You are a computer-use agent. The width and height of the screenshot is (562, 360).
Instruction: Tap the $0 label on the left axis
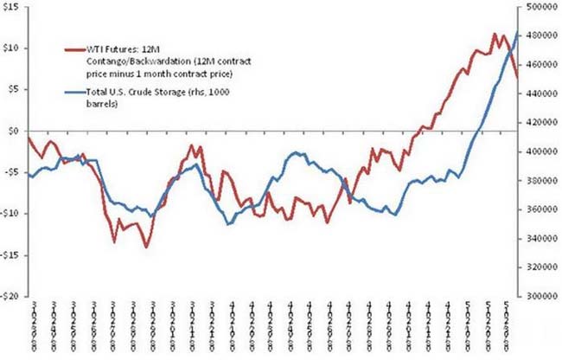click(14, 131)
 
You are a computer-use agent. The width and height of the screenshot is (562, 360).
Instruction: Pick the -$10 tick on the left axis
click(11, 213)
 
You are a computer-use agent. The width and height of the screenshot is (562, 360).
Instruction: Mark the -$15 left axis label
click(11, 254)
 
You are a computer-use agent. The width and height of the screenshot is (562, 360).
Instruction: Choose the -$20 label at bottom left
click(11, 295)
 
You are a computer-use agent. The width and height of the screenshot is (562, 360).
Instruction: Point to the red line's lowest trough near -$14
click(146, 247)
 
